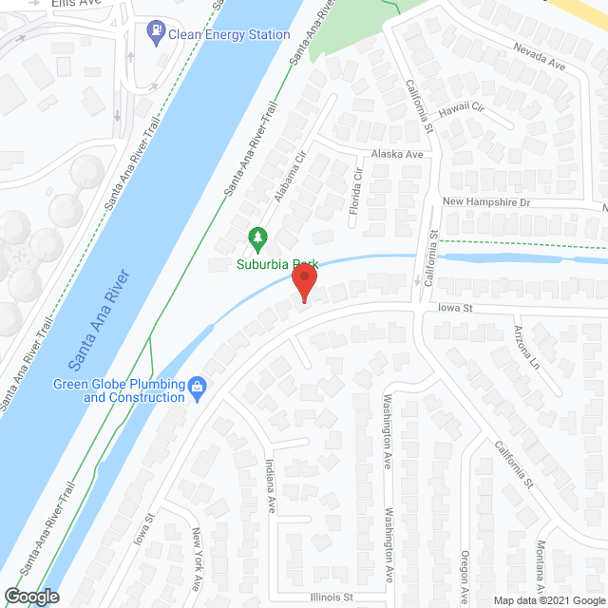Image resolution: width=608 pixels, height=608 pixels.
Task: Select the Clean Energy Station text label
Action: (229, 35)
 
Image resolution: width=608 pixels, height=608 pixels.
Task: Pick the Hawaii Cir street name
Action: (461, 109)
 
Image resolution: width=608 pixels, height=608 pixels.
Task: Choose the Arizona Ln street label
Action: (527, 348)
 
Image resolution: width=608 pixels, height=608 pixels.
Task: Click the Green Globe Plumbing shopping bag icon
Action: (198, 386)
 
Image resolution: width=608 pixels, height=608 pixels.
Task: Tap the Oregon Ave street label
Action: (465, 574)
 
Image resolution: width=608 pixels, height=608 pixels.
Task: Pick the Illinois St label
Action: (331, 598)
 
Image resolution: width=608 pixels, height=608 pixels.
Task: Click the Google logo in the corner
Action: (30, 597)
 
